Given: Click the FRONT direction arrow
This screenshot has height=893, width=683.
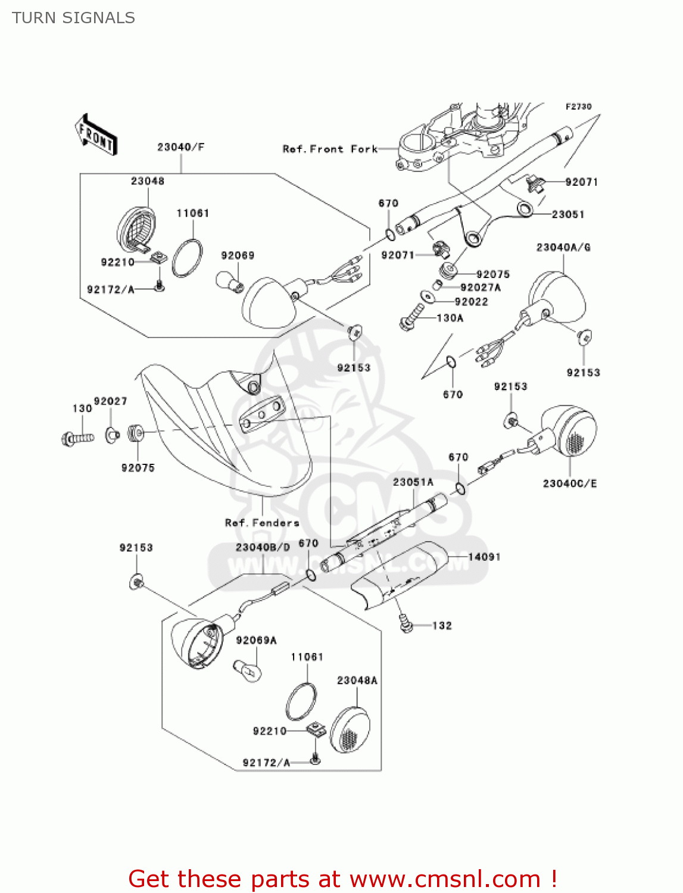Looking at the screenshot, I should tap(96, 135).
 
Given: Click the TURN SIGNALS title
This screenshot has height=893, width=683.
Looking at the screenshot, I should tap(73, 18).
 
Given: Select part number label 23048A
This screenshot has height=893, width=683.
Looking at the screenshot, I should tap(357, 680).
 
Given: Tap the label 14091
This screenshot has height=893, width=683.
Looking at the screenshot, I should tap(484, 557).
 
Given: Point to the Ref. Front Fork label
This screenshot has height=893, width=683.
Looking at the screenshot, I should tap(330, 149).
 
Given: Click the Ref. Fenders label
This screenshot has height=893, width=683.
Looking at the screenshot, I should tap(262, 523).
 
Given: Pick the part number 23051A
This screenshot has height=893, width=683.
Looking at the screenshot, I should tap(413, 482).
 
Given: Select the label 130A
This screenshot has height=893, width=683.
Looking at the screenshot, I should tap(450, 318).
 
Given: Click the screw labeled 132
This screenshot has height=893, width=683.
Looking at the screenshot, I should tap(407, 625).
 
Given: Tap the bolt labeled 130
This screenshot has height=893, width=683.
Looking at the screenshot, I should tap(77, 439).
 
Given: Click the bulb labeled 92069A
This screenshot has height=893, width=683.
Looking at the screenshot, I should tap(247, 670).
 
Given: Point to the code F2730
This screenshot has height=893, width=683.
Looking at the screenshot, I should tap(578, 107).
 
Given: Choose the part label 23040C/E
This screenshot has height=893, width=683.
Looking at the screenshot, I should tap(569, 483).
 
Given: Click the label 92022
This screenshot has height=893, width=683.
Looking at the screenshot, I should tap(471, 302).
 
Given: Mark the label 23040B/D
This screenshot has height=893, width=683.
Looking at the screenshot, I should tap(263, 547).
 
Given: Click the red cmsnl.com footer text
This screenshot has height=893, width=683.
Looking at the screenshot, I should tap(342, 879).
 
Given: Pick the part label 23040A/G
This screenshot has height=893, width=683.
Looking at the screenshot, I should tap(563, 247).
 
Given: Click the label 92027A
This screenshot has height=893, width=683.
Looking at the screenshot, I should tap(481, 288).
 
